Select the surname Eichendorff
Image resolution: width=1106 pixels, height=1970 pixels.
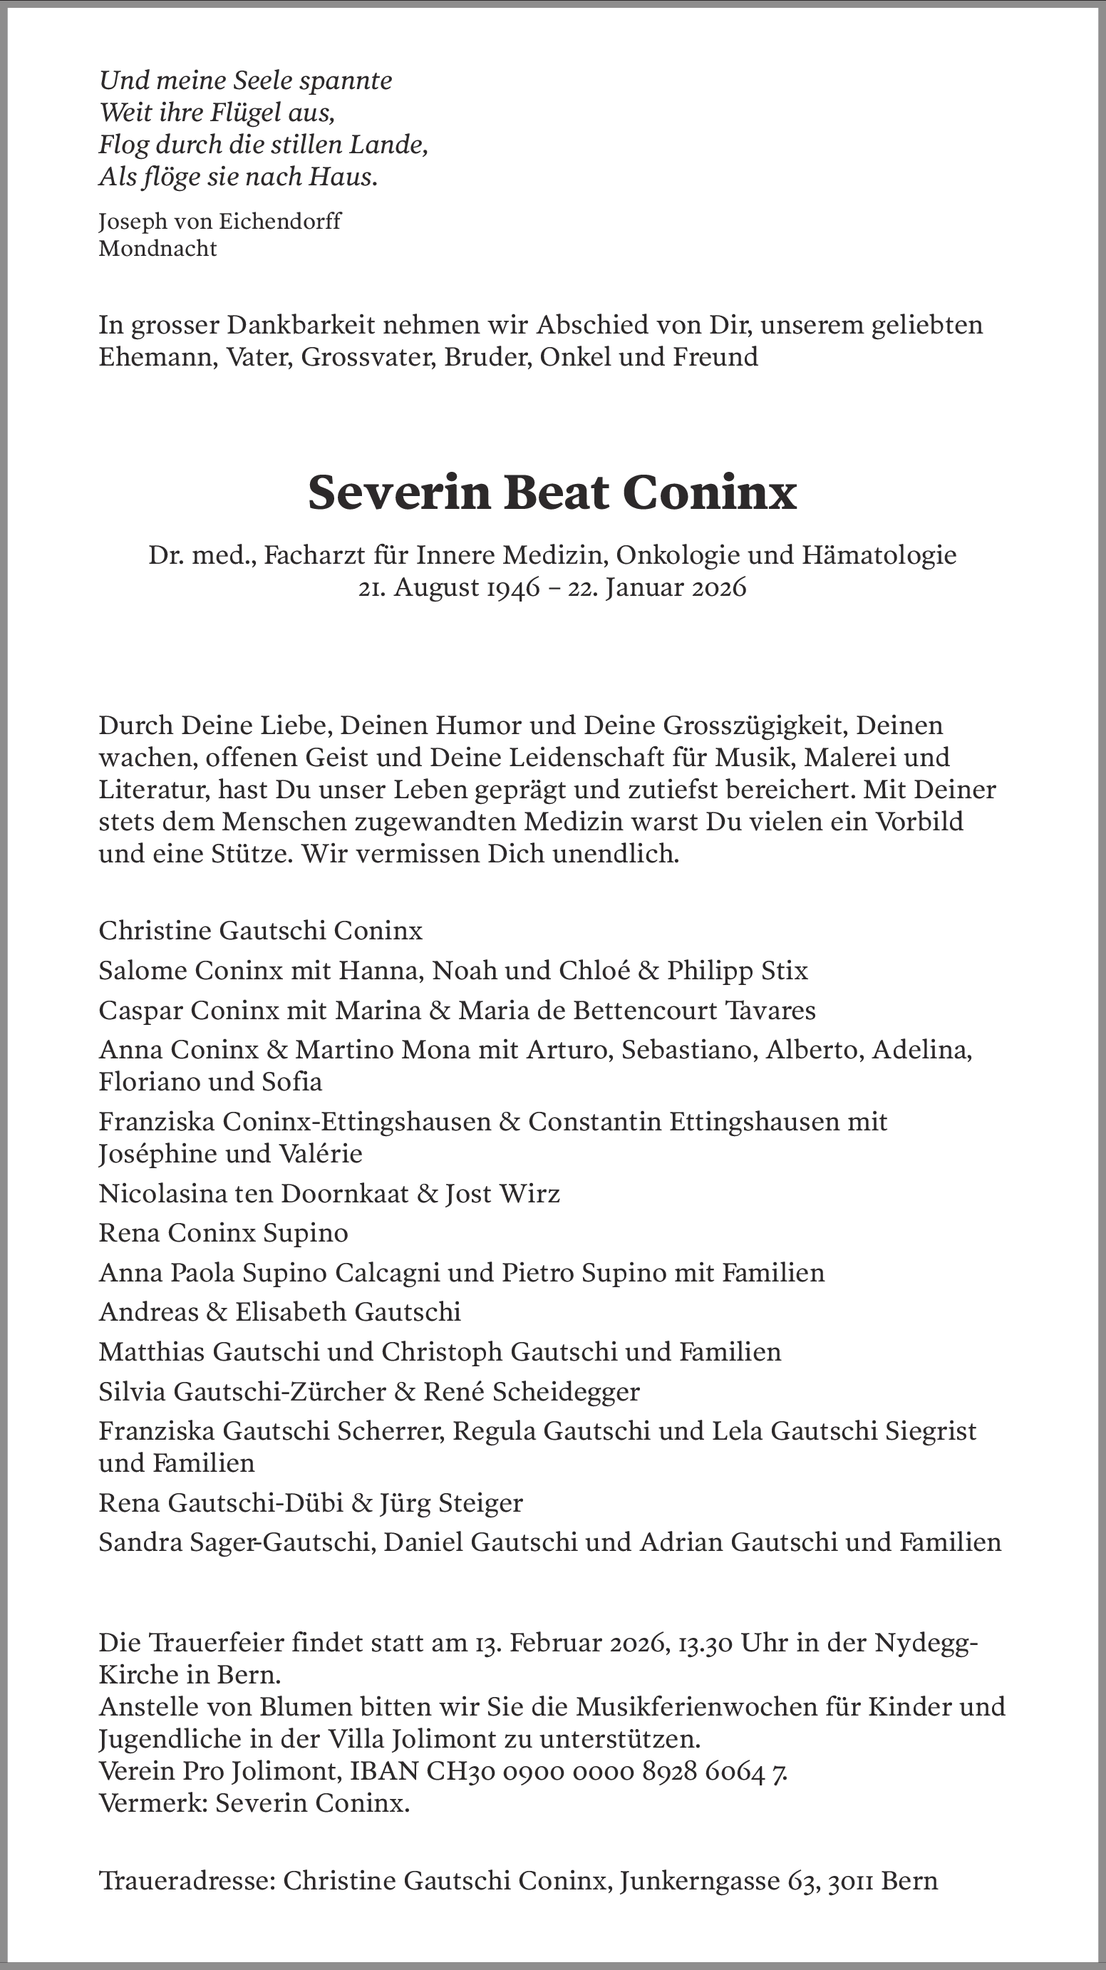click(280, 221)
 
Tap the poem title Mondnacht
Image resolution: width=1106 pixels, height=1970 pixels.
click(157, 249)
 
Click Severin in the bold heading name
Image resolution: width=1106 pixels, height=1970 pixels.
click(398, 492)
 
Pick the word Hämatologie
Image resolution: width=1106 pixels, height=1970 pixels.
click(879, 555)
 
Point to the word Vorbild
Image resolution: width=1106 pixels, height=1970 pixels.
click(919, 821)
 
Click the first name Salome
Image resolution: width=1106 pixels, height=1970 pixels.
click(143, 971)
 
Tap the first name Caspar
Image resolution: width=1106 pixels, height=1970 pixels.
click(140, 1010)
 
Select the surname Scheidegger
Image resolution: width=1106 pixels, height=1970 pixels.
click(566, 1391)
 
